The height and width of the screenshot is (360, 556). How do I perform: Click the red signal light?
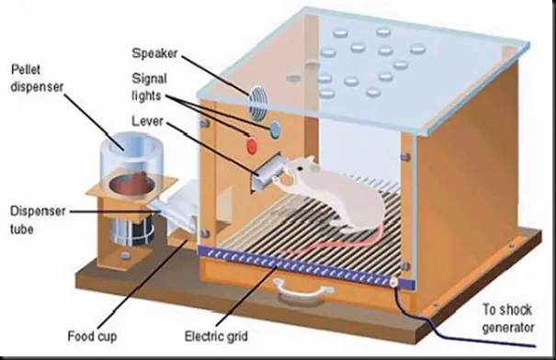click(252, 146)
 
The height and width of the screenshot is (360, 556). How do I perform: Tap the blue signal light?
click(275, 129)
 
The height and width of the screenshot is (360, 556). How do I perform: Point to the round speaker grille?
click(257, 103)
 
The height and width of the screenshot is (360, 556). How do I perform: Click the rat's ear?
click(309, 162)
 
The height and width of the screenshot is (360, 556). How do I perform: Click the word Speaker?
click(154, 53)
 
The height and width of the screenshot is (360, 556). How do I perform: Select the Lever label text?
click(148, 121)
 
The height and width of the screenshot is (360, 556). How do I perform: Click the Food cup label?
click(92, 335)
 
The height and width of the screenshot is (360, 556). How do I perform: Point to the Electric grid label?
click(216, 335)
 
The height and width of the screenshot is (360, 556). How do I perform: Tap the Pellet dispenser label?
click(37, 78)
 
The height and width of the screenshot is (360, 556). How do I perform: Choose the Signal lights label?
click(149, 87)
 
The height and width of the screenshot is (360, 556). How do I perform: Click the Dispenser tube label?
click(38, 219)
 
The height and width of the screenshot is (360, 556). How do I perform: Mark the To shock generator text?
click(508, 318)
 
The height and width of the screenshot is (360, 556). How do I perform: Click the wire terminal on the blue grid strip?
click(393, 283)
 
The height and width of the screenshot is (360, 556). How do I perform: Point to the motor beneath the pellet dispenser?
click(131, 231)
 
